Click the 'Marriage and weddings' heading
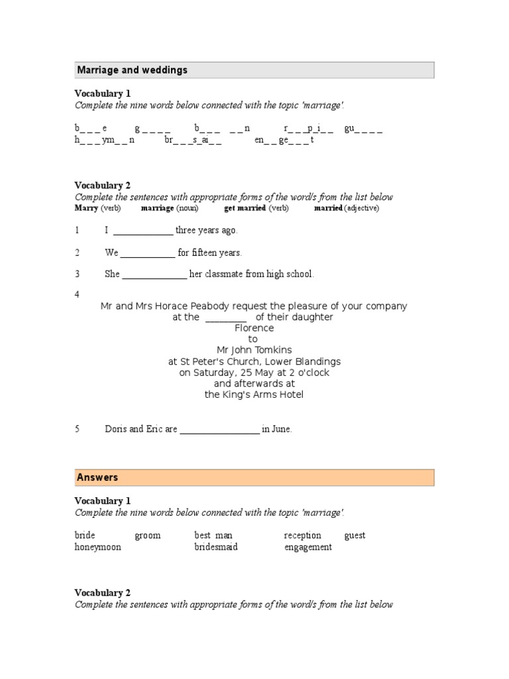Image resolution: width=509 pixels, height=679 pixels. [x=133, y=70]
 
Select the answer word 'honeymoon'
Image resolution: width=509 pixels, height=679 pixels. [x=97, y=547]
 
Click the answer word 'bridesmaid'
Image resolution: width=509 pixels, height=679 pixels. [x=215, y=547]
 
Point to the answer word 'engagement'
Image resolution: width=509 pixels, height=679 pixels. [x=308, y=547]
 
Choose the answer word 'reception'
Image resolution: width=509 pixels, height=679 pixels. [x=302, y=535]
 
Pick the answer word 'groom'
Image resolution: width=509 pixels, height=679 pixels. [x=147, y=535]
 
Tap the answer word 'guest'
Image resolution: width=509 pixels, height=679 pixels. [x=355, y=535]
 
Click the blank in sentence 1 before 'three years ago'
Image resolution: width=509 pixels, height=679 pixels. [x=143, y=231]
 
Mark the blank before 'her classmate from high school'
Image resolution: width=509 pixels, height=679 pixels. [x=155, y=275]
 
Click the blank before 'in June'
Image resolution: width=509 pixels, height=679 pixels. [x=219, y=430]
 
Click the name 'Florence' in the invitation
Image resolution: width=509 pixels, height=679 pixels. [x=254, y=328]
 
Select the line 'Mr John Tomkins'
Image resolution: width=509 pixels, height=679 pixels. [x=254, y=350]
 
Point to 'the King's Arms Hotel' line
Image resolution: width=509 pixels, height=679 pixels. [x=254, y=395]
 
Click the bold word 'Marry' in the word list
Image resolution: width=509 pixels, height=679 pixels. [x=86, y=208]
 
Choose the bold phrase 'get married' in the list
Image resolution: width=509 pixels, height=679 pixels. [x=245, y=208]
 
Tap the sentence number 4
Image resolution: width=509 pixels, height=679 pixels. [x=78, y=294]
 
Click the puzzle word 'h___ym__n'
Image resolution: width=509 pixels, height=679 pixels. [x=104, y=141]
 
